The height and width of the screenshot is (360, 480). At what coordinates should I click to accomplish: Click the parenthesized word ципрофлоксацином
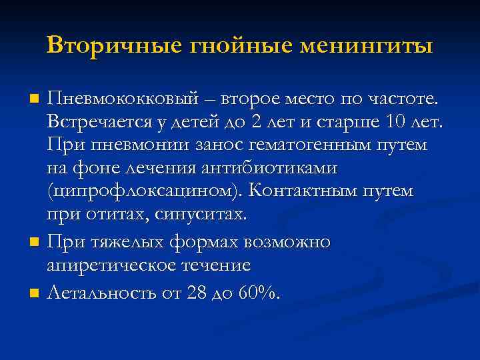[x=144, y=192]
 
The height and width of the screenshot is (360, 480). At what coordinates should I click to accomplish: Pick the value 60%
[x=263, y=292]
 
